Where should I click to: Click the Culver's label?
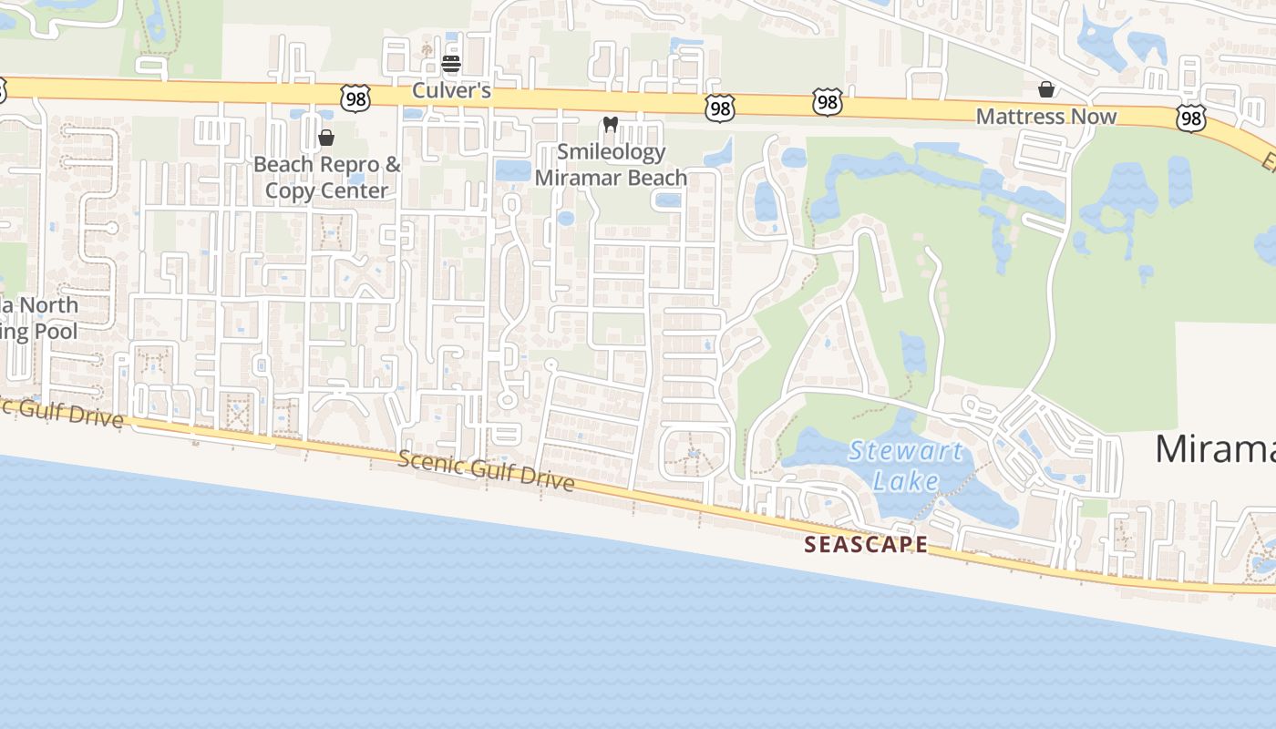(451, 90)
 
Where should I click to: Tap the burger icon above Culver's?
(451, 64)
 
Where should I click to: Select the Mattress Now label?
(1045, 117)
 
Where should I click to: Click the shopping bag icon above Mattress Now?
(1046, 89)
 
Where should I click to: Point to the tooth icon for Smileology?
(611, 124)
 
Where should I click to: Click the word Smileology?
(611, 152)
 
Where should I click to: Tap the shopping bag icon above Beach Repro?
(326, 138)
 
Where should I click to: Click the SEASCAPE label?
(866, 545)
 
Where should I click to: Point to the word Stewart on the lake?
(905, 451)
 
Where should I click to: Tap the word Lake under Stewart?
(905, 480)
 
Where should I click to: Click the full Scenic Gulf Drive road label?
(486, 470)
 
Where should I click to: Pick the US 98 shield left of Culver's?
(355, 98)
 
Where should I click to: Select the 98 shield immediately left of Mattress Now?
(827, 102)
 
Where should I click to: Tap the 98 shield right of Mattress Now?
(1190, 118)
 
